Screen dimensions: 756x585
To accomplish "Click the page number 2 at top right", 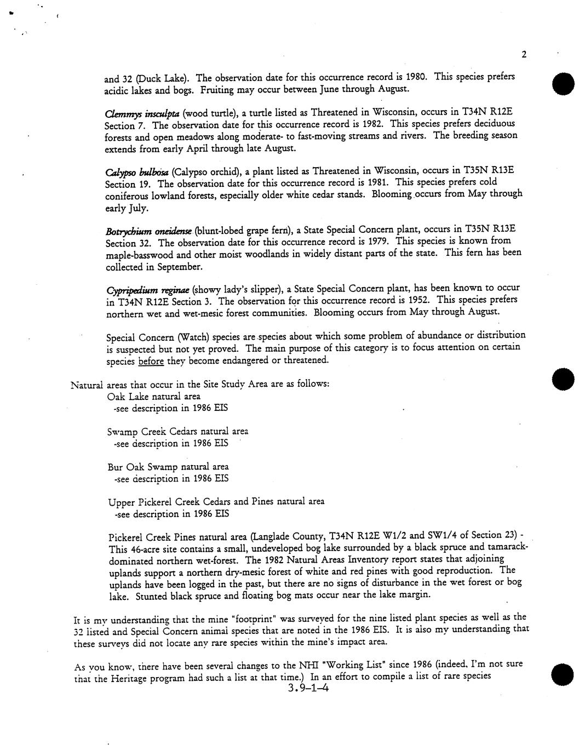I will click(x=524, y=54).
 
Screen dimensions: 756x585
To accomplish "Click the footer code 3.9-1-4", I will click(x=307, y=689).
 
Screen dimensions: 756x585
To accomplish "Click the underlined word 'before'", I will click(x=149, y=360).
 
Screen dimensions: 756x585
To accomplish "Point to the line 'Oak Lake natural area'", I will click(x=154, y=396).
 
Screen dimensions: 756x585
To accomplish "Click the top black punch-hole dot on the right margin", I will click(x=563, y=84).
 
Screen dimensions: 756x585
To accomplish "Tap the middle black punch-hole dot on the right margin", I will click(x=563, y=379).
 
